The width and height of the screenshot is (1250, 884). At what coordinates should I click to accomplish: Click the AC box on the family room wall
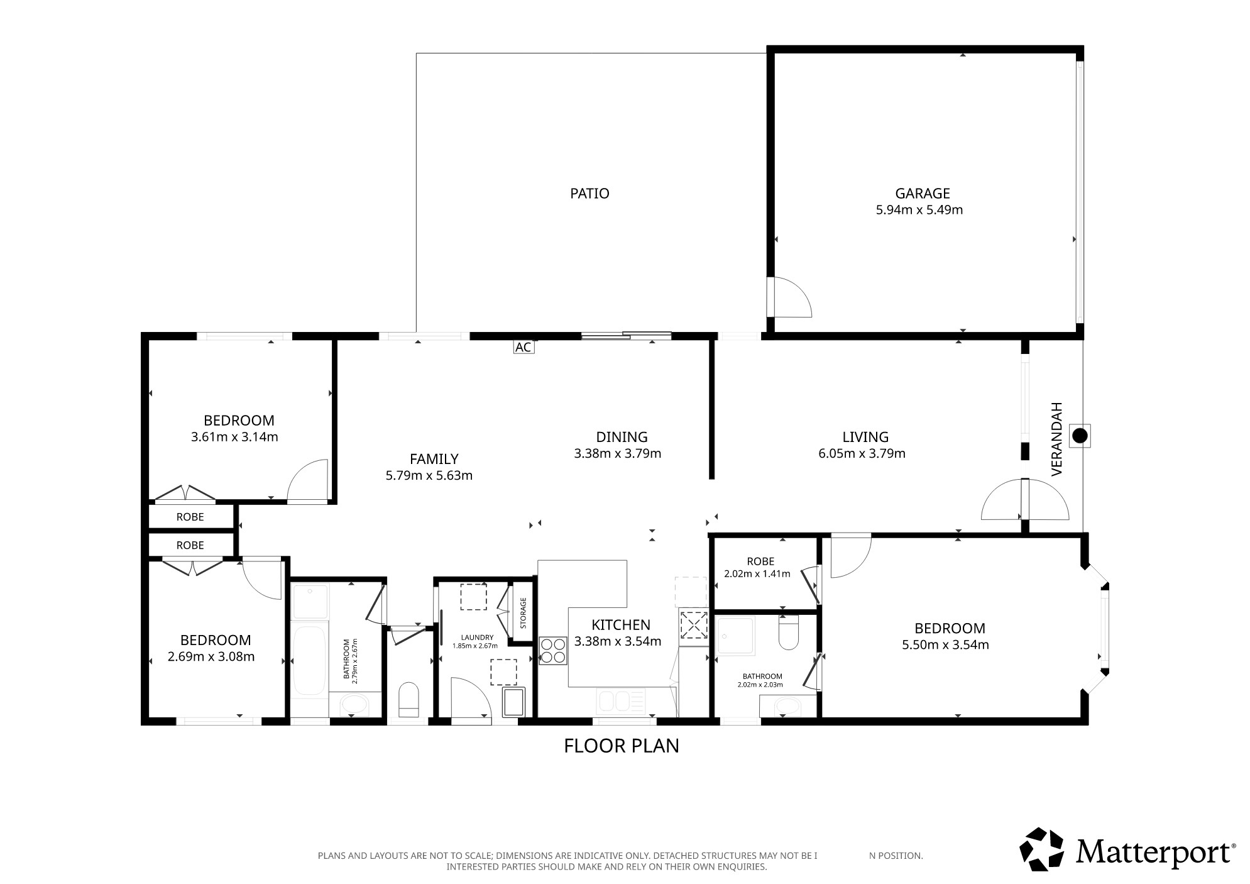tap(524, 347)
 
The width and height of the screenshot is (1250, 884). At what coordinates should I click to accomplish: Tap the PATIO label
tap(589, 194)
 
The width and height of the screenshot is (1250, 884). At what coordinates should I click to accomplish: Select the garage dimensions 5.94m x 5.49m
tap(919, 210)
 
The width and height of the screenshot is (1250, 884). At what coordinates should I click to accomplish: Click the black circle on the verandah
tap(1080, 435)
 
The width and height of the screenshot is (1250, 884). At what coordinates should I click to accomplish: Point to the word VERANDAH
tap(1056, 438)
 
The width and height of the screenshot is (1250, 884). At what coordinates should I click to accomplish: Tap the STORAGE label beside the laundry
tap(523, 613)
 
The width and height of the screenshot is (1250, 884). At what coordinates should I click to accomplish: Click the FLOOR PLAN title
tap(622, 746)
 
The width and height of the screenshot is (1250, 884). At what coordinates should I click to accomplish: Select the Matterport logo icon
tap(1041, 849)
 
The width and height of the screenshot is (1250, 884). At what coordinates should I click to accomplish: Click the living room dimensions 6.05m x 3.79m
tap(862, 453)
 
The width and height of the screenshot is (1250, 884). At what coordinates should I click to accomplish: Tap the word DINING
tap(622, 436)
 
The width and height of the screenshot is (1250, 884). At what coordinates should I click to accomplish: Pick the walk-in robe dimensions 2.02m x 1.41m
tap(757, 573)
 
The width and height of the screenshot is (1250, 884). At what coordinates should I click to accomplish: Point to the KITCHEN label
tap(621, 625)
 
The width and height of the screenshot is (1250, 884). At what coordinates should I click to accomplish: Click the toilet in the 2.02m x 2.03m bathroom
tap(788, 632)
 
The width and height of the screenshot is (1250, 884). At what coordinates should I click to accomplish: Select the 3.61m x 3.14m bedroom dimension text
tap(234, 437)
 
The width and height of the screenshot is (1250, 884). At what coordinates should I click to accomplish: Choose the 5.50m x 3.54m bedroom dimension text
tap(945, 644)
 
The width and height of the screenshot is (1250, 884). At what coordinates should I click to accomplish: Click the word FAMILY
tap(434, 459)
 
